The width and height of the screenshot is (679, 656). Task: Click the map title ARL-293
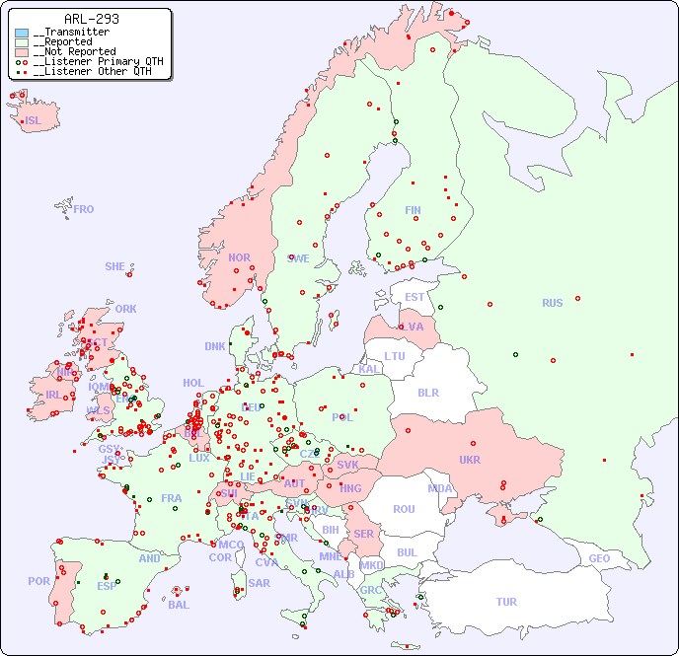[91, 19]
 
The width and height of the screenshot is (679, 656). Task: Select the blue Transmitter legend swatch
[22, 33]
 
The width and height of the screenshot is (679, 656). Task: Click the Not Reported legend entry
[74, 51]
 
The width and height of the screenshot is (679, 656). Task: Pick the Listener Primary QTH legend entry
[90, 61]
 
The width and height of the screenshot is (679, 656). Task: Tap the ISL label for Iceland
[34, 121]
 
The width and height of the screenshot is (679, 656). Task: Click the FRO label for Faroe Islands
[84, 209]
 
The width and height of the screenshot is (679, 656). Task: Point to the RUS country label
[552, 303]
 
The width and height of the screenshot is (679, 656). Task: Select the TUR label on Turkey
[506, 602]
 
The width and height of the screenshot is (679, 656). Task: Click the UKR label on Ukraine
[470, 460]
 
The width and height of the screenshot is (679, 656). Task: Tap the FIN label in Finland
[413, 210]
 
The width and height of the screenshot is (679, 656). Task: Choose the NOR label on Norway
[239, 257]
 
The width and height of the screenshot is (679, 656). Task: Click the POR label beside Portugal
[38, 581]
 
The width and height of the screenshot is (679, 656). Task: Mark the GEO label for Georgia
[599, 558]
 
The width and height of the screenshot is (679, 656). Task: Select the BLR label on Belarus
[427, 393]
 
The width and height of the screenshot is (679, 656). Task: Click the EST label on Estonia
[415, 297]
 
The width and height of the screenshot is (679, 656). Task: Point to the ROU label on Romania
[404, 509]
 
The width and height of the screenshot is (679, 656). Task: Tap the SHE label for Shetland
[115, 266]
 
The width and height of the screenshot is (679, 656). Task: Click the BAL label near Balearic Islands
[178, 605]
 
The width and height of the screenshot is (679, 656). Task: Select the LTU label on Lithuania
[395, 356]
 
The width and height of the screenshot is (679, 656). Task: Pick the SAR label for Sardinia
[259, 583]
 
